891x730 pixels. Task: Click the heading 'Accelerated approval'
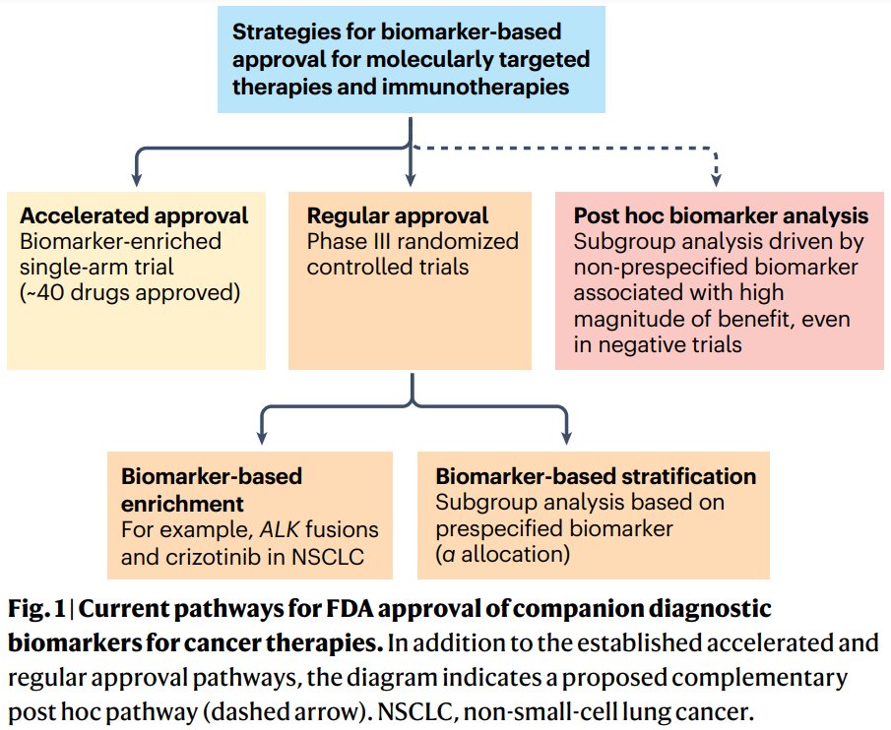point(134,215)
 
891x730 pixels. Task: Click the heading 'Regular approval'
point(398,215)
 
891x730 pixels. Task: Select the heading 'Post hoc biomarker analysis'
point(721,215)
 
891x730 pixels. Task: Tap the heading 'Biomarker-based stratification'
point(596,476)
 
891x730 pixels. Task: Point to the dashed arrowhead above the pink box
point(717,179)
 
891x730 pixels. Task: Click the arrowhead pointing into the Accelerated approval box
point(136,179)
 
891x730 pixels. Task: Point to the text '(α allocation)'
point(502,555)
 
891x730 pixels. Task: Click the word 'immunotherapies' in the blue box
point(491,86)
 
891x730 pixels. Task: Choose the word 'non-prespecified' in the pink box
point(642,267)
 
